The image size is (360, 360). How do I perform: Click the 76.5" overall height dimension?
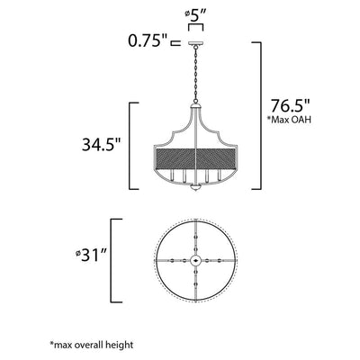pyautogui.click(x=290, y=105)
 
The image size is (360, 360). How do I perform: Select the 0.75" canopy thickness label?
pyautogui.click(x=148, y=40)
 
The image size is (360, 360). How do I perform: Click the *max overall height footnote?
pyautogui.click(x=91, y=345)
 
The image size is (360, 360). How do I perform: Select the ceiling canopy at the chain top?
pyautogui.click(x=195, y=44)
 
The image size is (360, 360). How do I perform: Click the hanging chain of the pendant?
pyautogui.click(x=195, y=74)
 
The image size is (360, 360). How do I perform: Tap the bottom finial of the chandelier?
pyautogui.click(x=195, y=188)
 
